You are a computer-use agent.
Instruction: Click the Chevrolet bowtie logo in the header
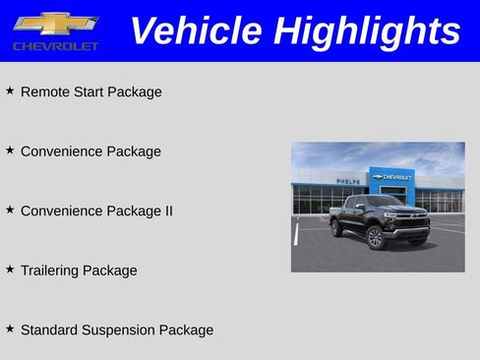click(x=55, y=23)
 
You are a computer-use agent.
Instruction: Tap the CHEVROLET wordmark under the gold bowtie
click(x=55, y=46)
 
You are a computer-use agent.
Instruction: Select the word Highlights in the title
click(x=368, y=30)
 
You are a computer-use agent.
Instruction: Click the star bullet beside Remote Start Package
click(x=10, y=90)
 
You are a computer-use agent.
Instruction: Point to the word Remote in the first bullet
click(x=45, y=92)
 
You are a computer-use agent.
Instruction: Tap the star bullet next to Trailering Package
click(x=10, y=269)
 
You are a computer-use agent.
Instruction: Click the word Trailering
click(x=49, y=270)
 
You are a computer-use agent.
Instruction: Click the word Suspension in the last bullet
click(x=119, y=330)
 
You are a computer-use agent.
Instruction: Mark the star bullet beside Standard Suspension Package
click(x=10, y=328)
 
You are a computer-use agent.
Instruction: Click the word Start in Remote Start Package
click(x=90, y=92)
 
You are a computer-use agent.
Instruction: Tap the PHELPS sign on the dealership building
click(x=347, y=182)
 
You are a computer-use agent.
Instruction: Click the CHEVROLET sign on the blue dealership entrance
click(x=393, y=177)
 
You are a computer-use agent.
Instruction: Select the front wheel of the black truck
click(x=376, y=239)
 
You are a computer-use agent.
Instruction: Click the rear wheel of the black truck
click(x=337, y=229)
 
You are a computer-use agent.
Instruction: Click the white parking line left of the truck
click(x=295, y=234)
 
